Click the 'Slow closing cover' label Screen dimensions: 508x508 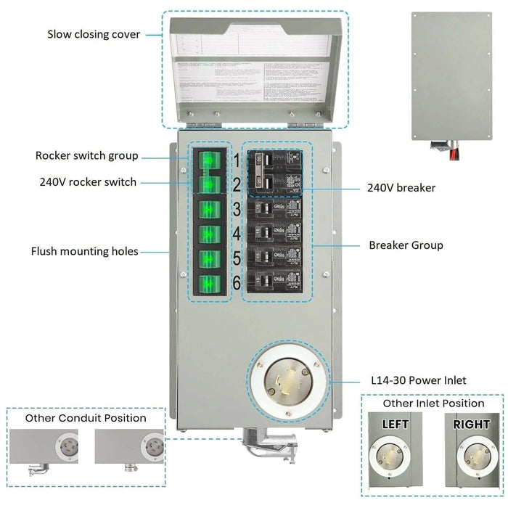pyautogui.click(x=94, y=34)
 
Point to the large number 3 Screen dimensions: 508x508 pyautogui.click(x=236, y=210)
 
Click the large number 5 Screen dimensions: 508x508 pyautogui.click(x=236, y=260)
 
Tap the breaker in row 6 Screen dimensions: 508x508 pyautogui.click(x=274, y=282)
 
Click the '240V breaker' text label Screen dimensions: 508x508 pyautogui.click(x=401, y=188)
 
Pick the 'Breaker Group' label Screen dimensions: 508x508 pyautogui.click(x=406, y=245)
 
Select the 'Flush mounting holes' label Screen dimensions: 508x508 pyautogui.click(x=84, y=252)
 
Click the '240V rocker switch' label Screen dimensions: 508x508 pyautogui.click(x=88, y=182)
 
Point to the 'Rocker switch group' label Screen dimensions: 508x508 pyautogui.click(x=86, y=156)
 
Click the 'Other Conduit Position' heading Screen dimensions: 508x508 pyautogui.click(x=86, y=418)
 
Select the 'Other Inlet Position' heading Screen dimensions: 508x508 pyautogui.click(x=434, y=403)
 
